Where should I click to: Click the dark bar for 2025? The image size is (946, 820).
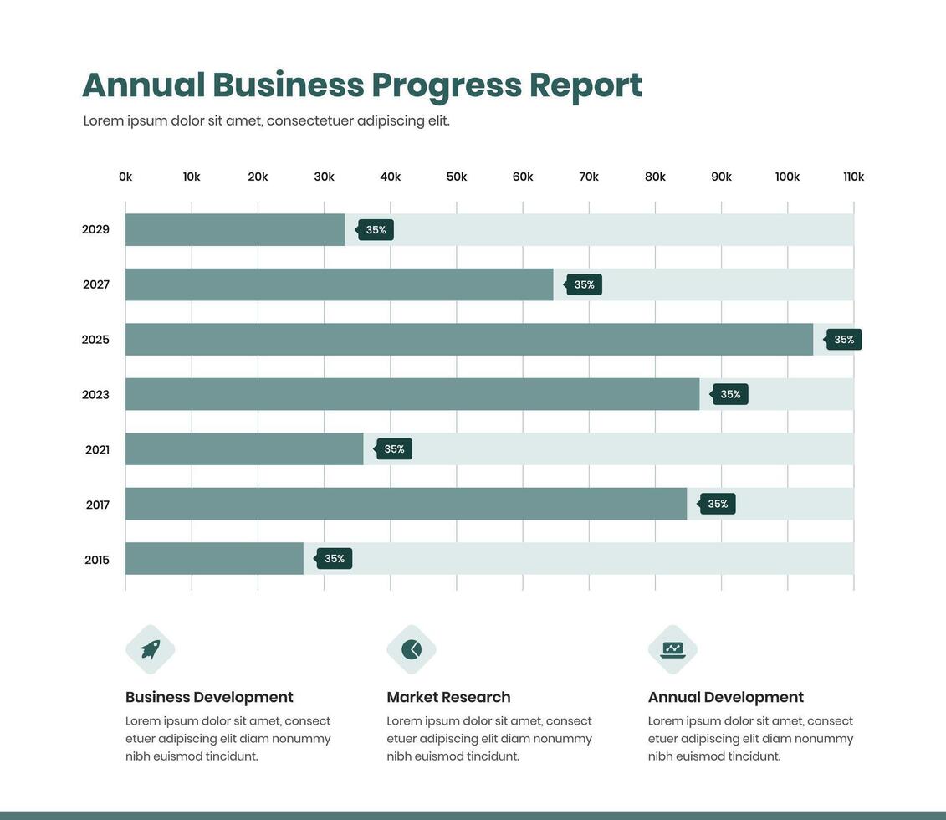468,340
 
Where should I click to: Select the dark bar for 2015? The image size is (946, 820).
214,559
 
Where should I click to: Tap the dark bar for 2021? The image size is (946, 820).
244,449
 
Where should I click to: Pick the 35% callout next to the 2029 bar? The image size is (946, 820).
376,230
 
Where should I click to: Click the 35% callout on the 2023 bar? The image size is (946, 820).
730,394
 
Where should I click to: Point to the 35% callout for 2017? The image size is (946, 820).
718,504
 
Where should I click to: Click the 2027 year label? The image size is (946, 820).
96,284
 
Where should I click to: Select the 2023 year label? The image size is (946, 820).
95,395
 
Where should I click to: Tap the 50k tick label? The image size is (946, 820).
457,177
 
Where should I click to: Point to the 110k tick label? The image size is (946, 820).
853,177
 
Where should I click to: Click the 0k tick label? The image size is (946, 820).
125,177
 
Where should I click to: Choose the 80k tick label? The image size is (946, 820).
655,177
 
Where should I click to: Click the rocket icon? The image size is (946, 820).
151,649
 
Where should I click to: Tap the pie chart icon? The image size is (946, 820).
412,649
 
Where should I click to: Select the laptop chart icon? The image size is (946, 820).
672,649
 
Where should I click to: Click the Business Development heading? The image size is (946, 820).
209,697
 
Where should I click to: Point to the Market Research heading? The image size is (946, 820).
448,697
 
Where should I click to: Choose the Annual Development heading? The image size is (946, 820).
725,697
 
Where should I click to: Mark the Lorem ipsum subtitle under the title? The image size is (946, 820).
266,120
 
